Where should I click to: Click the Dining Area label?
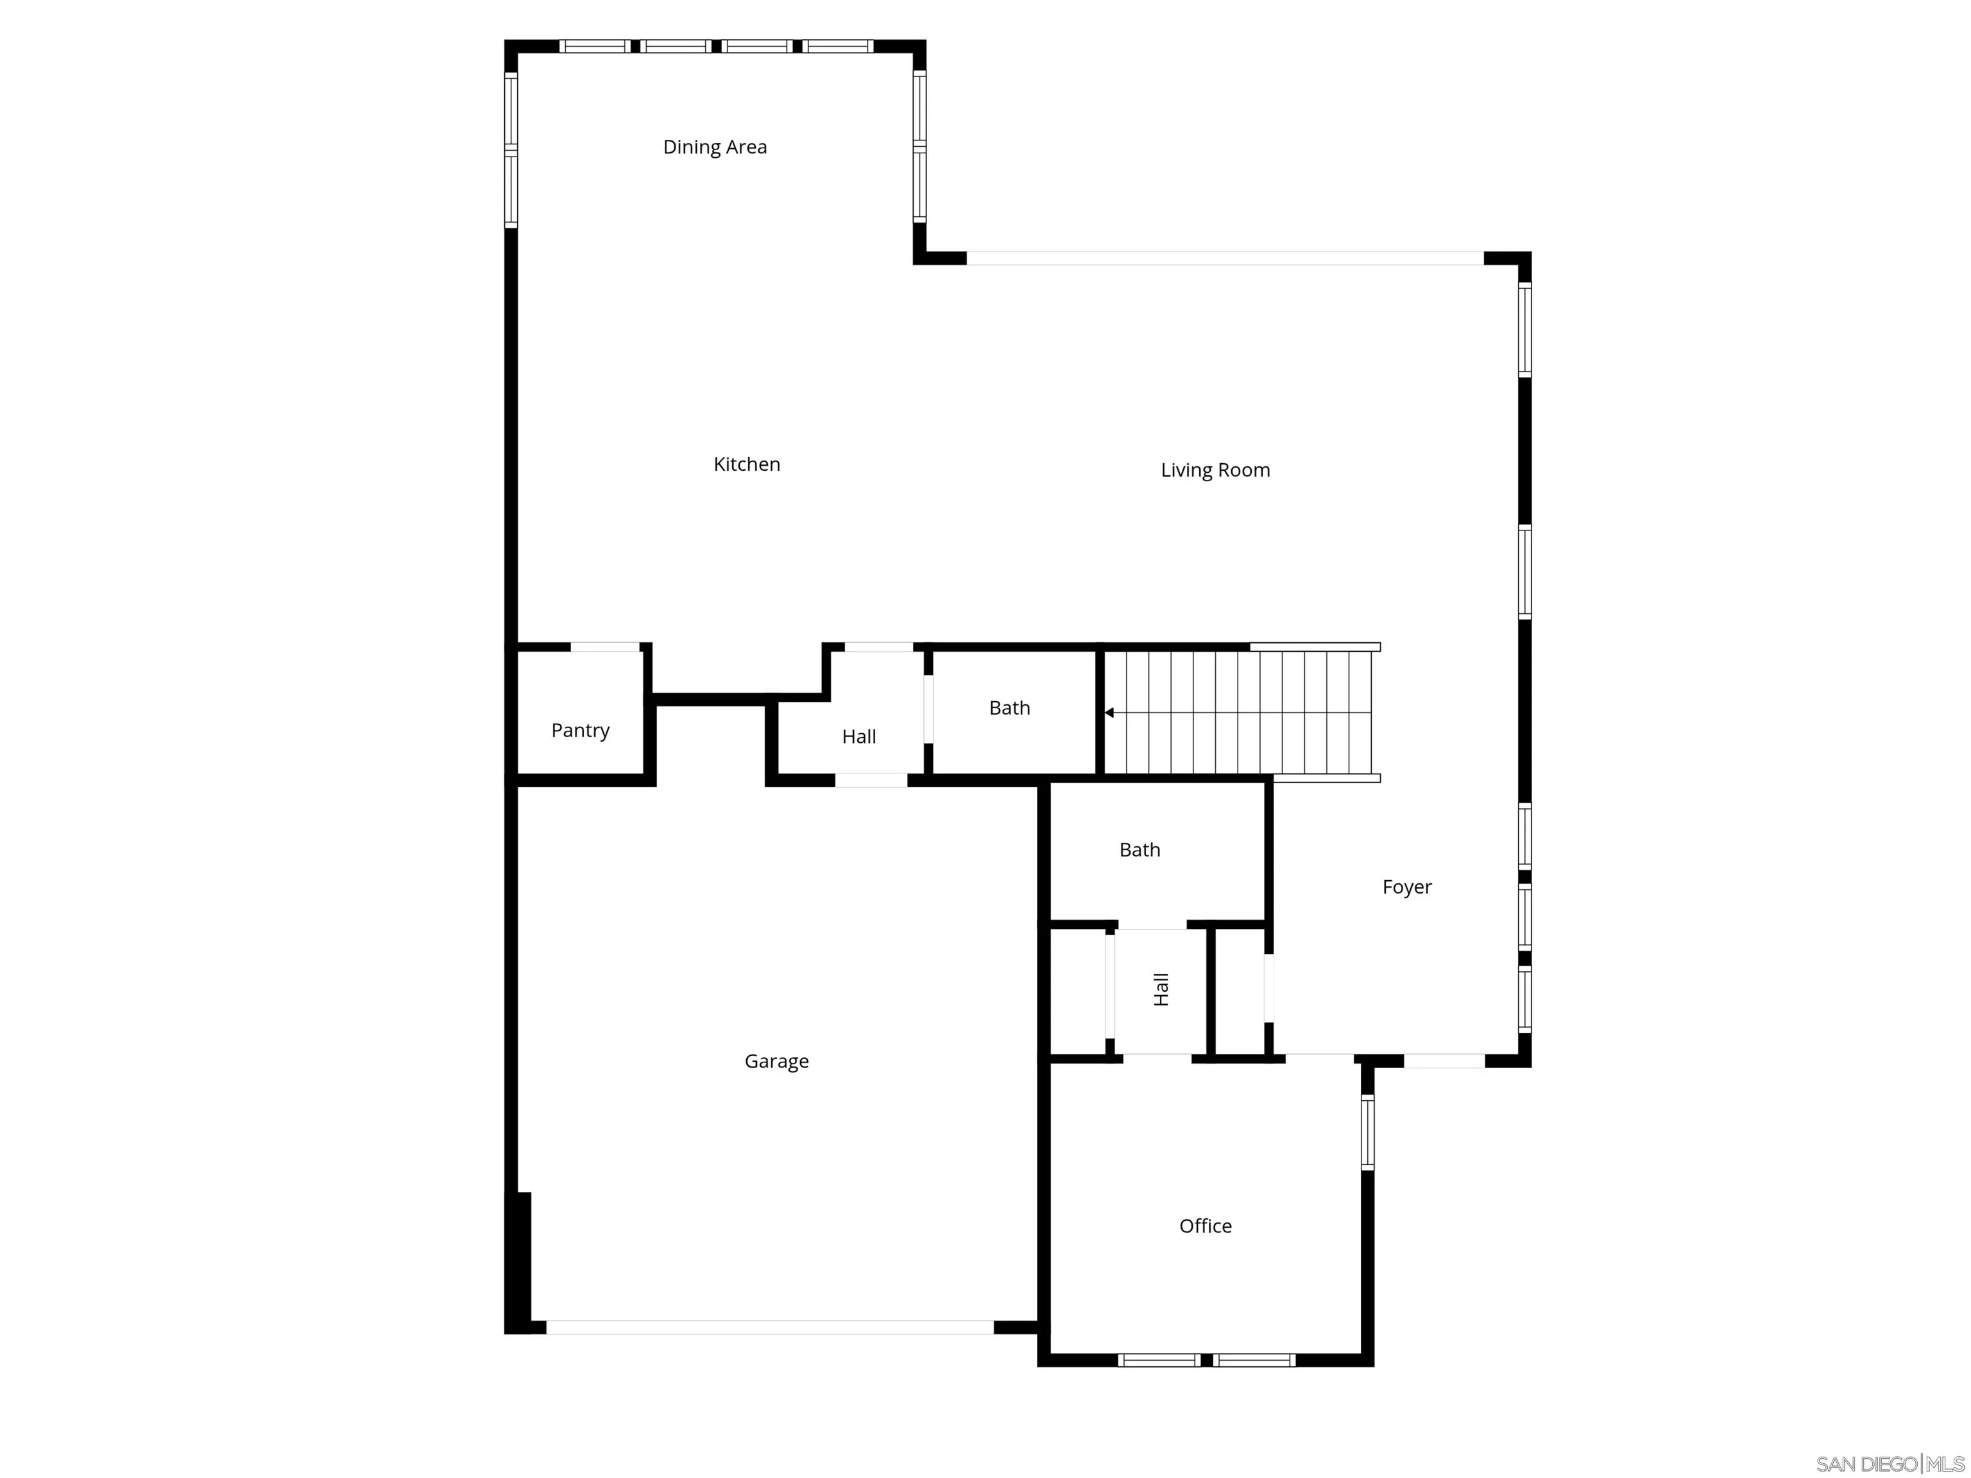tap(715, 147)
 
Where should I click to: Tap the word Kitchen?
tap(747, 464)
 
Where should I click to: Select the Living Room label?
tap(1215, 470)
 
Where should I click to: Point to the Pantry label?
tap(580, 731)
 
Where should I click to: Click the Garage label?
tap(776, 1061)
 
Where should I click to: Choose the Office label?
tap(1205, 1226)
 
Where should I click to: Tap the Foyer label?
tap(1406, 887)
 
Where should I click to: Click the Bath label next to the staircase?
tap(1009, 708)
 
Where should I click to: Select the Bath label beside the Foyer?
tap(1139, 850)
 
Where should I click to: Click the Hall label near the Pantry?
tap(859, 737)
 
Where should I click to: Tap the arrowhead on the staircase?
tap(1109, 713)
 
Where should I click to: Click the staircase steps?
tap(1247, 713)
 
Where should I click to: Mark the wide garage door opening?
tap(769, 1327)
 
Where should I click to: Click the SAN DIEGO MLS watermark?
tap(1889, 1464)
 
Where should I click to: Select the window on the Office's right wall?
tap(1368, 1132)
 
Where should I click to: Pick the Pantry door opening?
tap(605, 647)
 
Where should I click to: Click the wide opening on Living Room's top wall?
tap(1225, 259)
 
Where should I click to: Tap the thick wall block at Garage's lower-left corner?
tap(518, 1262)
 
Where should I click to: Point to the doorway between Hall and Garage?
tap(871, 781)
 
